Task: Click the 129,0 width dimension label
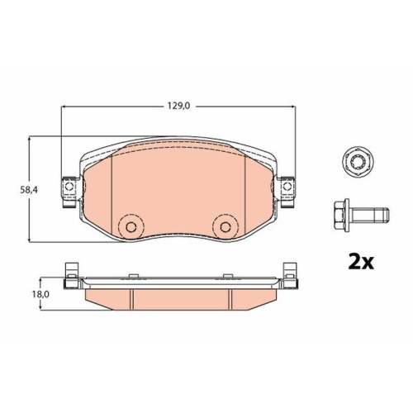pos(179,106)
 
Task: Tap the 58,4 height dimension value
pos(29,190)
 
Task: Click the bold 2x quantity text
pos(361,263)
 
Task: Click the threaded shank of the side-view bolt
pos(371,215)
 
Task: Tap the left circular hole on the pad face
pos(131,226)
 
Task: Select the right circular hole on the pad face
pos(225,226)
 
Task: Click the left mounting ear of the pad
pos(70,192)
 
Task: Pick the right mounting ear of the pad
pos(287,192)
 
